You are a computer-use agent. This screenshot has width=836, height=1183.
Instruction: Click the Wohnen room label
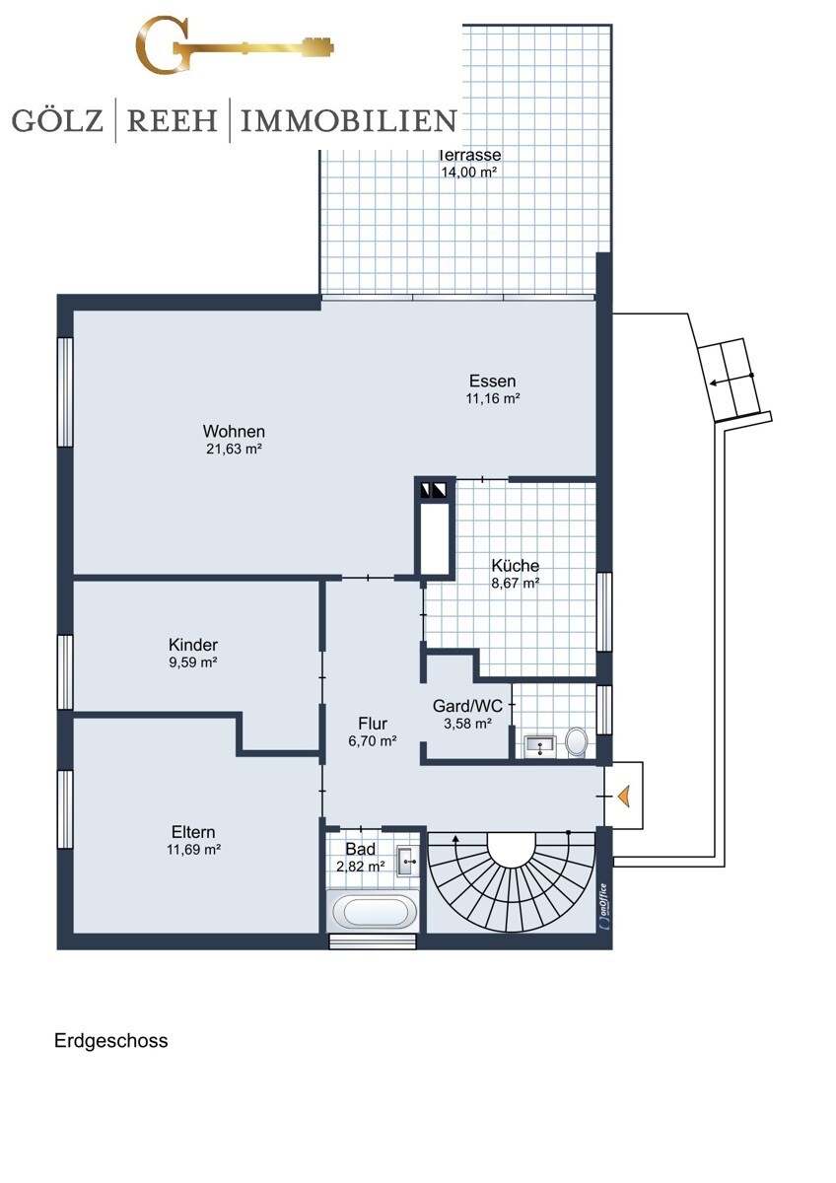[x=234, y=432]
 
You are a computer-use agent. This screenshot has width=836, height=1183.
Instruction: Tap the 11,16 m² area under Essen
[x=493, y=398]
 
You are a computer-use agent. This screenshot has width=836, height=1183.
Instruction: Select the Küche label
[x=515, y=566]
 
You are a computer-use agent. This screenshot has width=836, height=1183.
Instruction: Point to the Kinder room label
[x=193, y=645]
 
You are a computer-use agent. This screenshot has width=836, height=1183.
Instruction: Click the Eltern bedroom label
[x=193, y=832]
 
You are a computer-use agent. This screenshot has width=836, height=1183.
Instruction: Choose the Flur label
[x=373, y=724]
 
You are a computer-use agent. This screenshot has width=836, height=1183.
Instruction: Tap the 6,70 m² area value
[x=373, y=741]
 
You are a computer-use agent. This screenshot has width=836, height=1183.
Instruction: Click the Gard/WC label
[x=467, y=706]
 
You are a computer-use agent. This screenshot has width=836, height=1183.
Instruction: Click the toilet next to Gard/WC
[x=576, y=742]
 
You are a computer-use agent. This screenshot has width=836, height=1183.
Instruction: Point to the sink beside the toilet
[x=539, y=745]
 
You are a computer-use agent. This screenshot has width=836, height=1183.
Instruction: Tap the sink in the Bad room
[x=407, y=862]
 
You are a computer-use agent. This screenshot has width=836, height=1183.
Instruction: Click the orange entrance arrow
[x=624, y=796]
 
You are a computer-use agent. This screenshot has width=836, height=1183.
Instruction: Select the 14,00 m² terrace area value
[x=469, y=172]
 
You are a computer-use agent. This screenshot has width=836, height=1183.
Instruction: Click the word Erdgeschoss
[x=110, y=1041]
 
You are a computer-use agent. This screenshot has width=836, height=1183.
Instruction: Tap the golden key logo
[x=235, y=46]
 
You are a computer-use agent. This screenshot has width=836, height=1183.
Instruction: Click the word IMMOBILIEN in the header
[x=349, y=120]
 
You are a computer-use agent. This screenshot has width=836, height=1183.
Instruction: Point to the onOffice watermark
[x=603, y=906]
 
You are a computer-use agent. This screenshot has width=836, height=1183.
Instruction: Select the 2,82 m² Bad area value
[x=360, y=867]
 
